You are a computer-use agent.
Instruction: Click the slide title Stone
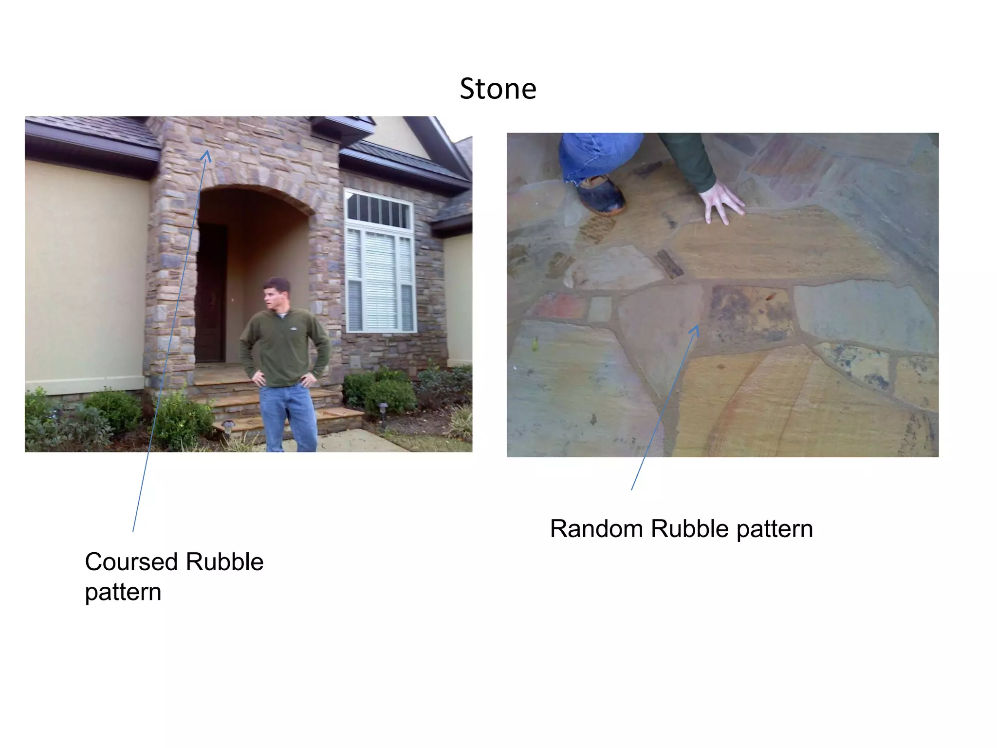(498, 89)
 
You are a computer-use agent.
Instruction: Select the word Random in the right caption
(596, 529)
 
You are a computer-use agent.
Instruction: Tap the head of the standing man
(276, 294)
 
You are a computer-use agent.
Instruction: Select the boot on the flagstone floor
(601, 195)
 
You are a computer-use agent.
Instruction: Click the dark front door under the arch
(211, 292)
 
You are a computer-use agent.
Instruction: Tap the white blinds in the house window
(380, 280)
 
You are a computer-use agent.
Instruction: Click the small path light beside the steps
(228, 427)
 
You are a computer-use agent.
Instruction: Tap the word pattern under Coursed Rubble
(123, 593)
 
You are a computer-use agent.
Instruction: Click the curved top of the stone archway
(254, 189)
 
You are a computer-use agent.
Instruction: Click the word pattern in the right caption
(775, 529)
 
